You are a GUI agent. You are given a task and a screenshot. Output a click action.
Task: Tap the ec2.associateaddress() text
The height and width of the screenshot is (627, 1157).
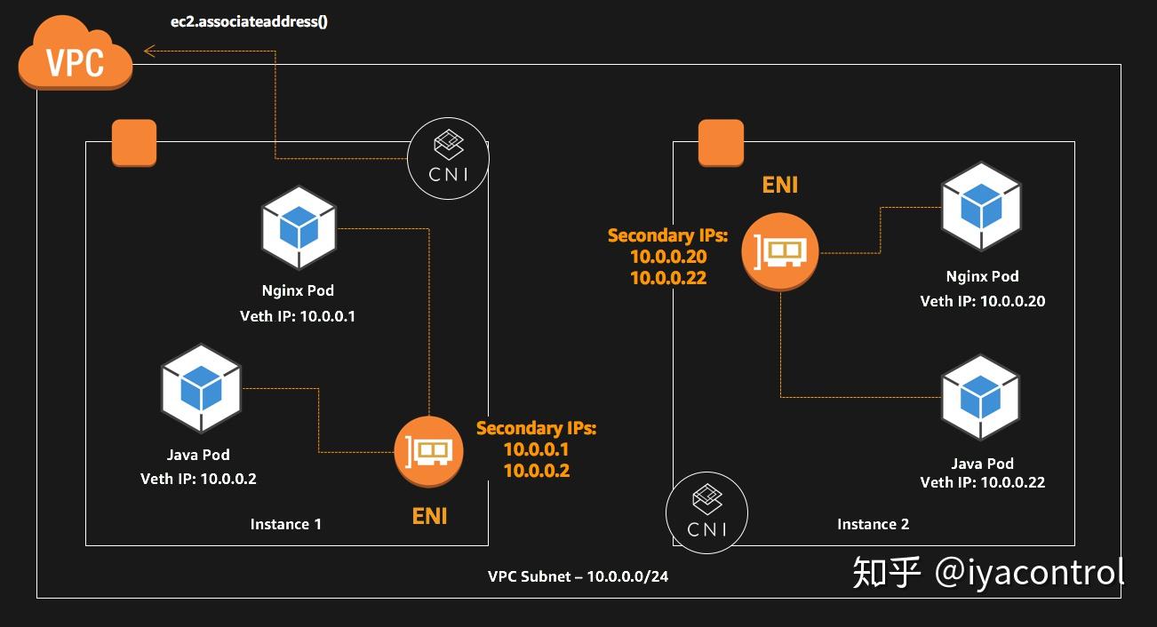coord(249,21)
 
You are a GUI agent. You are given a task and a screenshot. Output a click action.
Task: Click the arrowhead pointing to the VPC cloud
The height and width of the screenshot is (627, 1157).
coord(149,52)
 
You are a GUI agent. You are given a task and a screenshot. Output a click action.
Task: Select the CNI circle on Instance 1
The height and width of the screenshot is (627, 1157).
coord(448,158)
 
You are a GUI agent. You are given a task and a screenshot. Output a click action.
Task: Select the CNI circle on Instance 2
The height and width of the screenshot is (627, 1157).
coord(706,512)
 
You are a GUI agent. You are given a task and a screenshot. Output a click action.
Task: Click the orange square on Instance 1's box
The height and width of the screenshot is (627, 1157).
coord(134,143)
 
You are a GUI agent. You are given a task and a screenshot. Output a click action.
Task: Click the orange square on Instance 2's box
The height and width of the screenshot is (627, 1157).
coord(721,143)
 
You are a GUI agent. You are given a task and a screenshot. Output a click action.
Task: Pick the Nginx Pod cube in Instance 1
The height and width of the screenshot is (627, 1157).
coord(299,227)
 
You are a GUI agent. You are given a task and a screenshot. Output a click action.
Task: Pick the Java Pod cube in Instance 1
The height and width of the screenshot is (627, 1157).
coord(201,388)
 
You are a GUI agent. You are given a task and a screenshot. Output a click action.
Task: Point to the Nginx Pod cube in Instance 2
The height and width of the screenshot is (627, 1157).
coord(981,206)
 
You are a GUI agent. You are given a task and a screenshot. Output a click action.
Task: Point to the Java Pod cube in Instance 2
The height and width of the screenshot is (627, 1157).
coord(980,397)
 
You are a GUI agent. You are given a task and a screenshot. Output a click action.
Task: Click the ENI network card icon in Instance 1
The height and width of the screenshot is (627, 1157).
coord(428,452)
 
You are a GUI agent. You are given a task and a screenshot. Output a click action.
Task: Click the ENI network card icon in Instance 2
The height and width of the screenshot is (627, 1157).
coord(780,252)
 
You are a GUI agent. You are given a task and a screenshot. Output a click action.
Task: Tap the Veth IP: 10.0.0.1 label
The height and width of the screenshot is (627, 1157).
coord(298,316)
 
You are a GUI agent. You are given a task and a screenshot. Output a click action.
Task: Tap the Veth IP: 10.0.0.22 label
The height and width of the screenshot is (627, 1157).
coord(983,482)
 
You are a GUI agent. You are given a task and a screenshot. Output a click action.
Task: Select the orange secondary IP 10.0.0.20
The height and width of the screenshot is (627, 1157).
coord(668,257)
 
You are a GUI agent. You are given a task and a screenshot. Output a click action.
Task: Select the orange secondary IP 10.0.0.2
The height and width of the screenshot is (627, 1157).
coord(537,471)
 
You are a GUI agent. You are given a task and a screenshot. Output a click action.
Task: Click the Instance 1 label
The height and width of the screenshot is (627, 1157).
coord(285,524)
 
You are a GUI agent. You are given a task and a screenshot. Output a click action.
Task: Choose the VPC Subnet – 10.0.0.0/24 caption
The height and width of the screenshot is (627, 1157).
coord(578,576)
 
